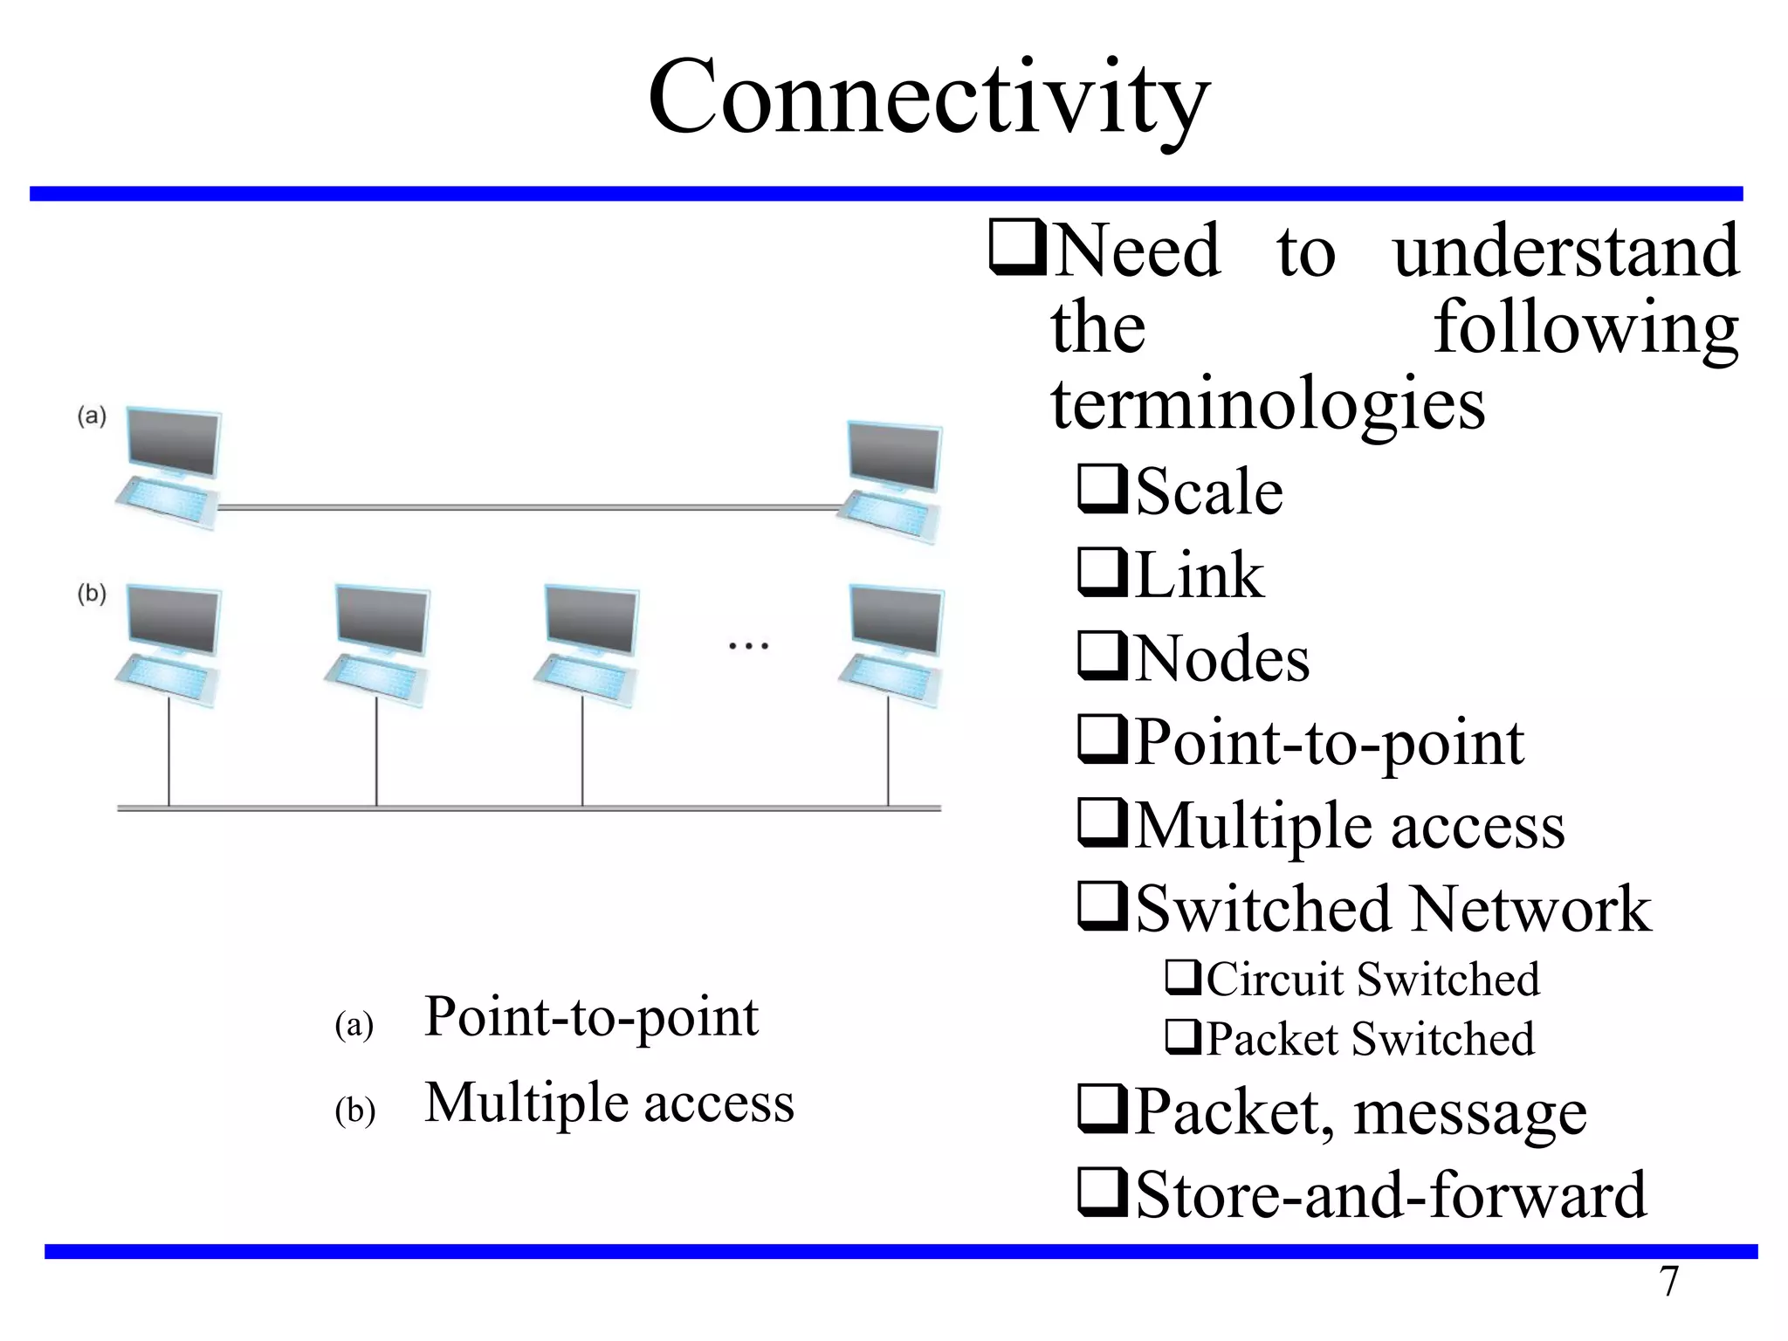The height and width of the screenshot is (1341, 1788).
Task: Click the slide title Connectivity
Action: [928, 98]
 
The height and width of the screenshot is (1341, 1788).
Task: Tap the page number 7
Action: [1668, 1282]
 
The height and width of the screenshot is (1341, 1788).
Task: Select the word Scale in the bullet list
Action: [1209, 492]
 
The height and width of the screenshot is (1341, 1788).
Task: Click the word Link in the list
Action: [1200, 575]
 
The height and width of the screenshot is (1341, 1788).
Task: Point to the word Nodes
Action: [1222, 658]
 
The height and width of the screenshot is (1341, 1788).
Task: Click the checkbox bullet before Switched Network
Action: [1104, 907]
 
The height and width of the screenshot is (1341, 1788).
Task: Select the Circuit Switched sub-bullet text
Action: [1372, 979]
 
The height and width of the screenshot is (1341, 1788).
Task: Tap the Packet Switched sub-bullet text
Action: [1370, 1039]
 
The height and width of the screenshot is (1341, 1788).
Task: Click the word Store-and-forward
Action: [1391, 1194]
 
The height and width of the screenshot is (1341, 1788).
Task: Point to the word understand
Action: [1565, 251]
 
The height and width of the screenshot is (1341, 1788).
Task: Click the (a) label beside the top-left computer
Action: [92, 416]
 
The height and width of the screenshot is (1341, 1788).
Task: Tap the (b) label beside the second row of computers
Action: [92, 594]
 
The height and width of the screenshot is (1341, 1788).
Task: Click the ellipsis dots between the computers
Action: [748, 647]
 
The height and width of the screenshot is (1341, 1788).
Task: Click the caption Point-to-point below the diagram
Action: [591, 1017]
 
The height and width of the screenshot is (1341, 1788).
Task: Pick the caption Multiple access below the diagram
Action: [609, 1103]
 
